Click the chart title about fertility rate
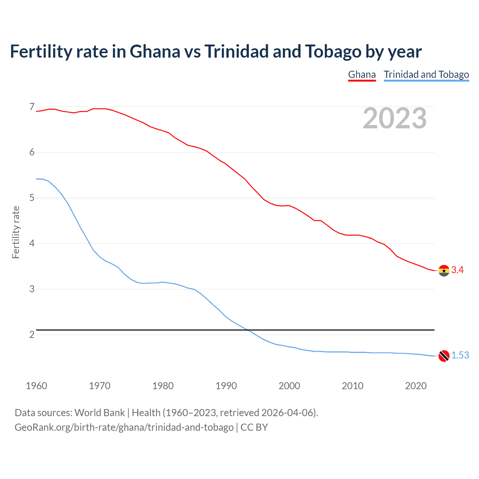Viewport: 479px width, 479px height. pyautogui.click(x=216, y=52)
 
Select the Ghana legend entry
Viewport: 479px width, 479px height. pyautogui.click(x=361, y=74)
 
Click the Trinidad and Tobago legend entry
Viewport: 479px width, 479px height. pyautogui.click(x=426, y=74)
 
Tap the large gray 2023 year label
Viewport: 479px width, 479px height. pyautogui.click(x=394, y=118)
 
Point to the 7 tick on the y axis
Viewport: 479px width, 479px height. pyautogui.click(x=32, y=107)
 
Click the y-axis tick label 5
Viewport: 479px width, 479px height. pyautogui.click(x=32, y=198)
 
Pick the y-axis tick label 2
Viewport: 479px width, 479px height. pyautogui.click(x=32, y=335)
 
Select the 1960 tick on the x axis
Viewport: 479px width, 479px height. pyautogui.click(x=36, y=386)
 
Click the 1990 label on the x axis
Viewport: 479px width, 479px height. pyautogui.click(x=226, y=386)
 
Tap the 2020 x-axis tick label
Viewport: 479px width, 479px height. pyautogui.click(x=416, y=386)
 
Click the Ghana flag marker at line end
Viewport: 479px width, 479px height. pyautogui.click(x=444, y=270)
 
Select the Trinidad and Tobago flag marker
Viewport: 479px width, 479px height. pyautogui.click(x=444, y=356)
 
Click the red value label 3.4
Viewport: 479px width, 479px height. pyautogui.click(x=457, y=270)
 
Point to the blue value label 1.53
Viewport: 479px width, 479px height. pyautogui.click(x=460, y=356)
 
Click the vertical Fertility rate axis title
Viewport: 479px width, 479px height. pyautogui.click(x=16, y=232)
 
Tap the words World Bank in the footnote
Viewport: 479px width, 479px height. pyautogui.click(x=100, y=413)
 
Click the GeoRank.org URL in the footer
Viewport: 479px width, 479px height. pyautogui.click(x=124, y=427)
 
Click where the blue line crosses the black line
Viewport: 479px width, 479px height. pyautogui.click(x=247, y=330)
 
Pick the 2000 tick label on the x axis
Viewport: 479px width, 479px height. pyautogui.click(x=289, y=386)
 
